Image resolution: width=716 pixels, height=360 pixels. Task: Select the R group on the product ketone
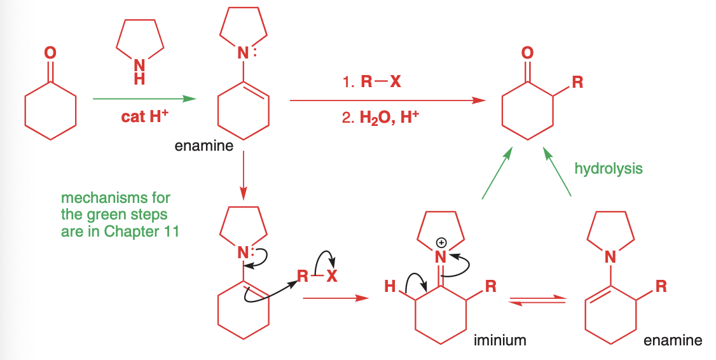click(x=577, y=82)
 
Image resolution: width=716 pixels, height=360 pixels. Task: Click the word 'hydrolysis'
click(x=608, y=169)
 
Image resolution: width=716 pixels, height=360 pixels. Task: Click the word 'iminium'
click(x=500, y=340)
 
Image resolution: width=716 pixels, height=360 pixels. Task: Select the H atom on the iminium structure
click(x=389, y=286)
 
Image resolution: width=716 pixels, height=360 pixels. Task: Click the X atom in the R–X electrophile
click(x=333, y=276)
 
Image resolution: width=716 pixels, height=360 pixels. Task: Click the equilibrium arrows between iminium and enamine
click(x=538, y=300)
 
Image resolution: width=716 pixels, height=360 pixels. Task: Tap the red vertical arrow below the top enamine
click(x=244, y=179)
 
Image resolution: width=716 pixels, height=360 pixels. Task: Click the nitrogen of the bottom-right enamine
click(x=610, y=258)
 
